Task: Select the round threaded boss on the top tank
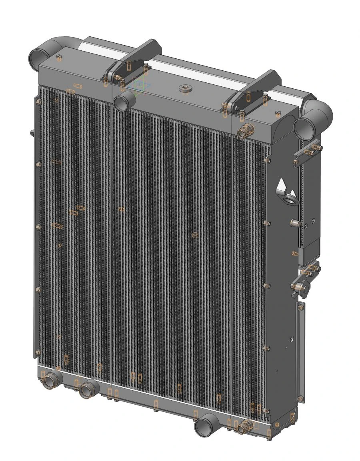pos(185,88)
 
